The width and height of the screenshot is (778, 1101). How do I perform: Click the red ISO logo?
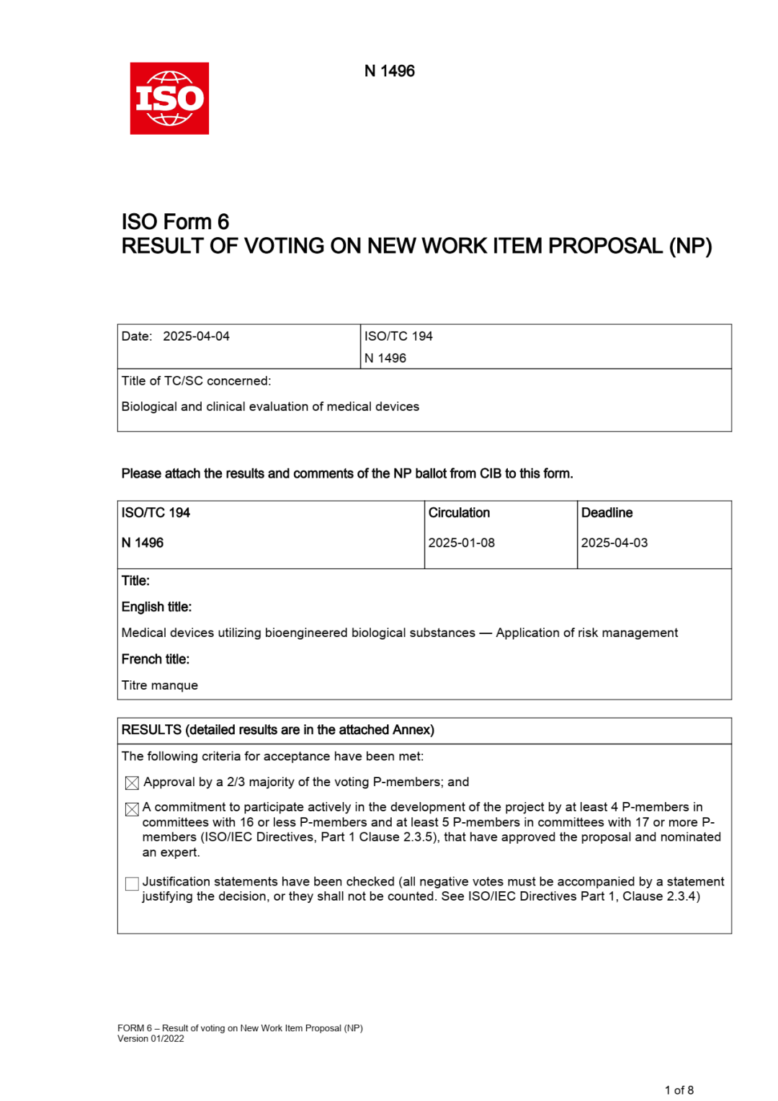click(169, 98)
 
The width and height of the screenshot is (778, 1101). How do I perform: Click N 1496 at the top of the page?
click(389, 71)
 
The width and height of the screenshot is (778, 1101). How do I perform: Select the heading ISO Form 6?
click(175, 221)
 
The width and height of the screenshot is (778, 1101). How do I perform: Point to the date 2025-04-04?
click(196, 336)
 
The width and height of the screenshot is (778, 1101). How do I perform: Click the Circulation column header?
click(459, 512)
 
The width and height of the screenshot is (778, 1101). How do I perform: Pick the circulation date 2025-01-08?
click(461, 543)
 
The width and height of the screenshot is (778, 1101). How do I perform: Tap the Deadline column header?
click(607, 512)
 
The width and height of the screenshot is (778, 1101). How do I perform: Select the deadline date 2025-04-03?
click(614, 543)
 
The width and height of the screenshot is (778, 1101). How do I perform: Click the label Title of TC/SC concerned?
click(196, 380)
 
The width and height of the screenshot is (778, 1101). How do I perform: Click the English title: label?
click(156, 607)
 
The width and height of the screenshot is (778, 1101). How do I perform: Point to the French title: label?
click(155, 659)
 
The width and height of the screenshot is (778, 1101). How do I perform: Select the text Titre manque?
click(159, 685)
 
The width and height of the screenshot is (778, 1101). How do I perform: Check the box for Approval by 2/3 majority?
click(132, 783)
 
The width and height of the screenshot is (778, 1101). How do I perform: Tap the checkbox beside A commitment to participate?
click(132, 809)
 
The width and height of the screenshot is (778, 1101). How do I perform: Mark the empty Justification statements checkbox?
click(132, 883)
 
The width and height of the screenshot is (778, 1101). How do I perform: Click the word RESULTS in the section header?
click(151, 730)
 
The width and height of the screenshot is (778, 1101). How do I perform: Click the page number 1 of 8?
click(679, 1090)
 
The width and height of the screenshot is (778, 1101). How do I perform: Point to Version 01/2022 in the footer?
click(151, 1038)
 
